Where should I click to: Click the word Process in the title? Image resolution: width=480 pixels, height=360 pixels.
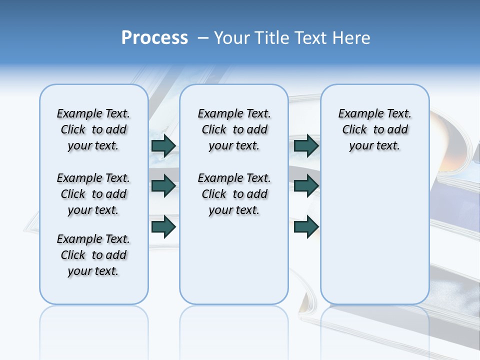(x=154, y=38)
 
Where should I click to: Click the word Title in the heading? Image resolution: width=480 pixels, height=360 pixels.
(x=272, y=38)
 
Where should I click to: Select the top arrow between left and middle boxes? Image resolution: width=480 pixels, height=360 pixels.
(x=163, y=145)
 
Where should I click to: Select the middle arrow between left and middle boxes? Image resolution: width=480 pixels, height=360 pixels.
(x=163, y=186)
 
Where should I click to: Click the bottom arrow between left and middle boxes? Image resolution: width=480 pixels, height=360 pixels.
(x=163, y=226)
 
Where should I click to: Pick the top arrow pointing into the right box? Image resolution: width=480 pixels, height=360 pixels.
(x=306, y=145)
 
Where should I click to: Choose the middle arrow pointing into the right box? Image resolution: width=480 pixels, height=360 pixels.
(x=306, y=186)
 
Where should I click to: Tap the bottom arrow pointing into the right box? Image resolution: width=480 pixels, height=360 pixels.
(x=306, y=226)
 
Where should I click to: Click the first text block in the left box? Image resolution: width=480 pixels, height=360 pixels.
(x=93, y=129)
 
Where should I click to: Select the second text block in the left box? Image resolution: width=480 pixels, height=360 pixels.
(x=93, y=194)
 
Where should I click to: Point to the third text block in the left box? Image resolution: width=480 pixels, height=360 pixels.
(x=93, y=255)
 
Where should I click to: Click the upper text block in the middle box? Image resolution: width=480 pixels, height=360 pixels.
(x=234, y=129)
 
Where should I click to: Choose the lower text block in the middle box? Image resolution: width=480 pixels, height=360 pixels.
(x=234, y=194)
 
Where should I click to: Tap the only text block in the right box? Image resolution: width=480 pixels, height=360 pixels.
(x=374, y=129)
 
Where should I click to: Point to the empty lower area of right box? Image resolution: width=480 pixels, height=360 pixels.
(x=374, y=235)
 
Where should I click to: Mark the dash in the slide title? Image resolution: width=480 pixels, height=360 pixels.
(x=203, y=38)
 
